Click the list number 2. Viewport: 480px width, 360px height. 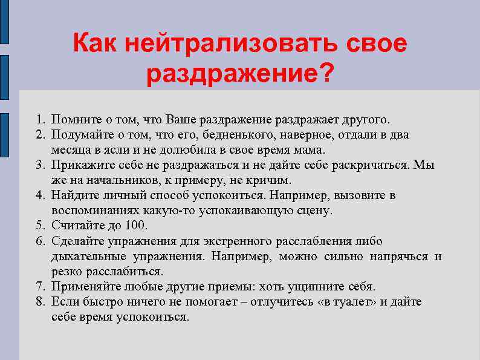[40, 134]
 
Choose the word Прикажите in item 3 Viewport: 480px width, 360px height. [78, 165]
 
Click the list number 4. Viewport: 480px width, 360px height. [40, 195]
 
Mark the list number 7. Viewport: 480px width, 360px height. [40, 286]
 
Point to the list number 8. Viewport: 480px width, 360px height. [40, 301]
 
